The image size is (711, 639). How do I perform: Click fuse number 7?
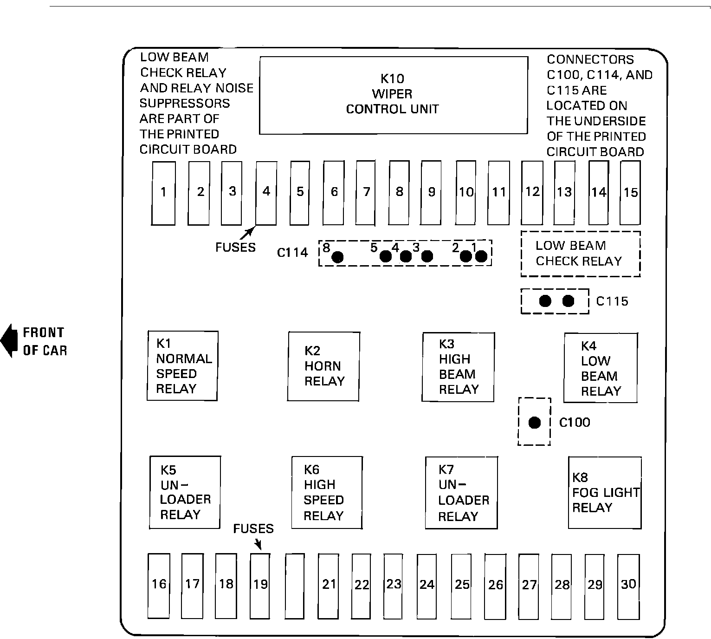click(x=366, y=192)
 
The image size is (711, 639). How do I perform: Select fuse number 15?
click(x=630, y=192)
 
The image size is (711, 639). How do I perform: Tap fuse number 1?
click(x=164, y=193)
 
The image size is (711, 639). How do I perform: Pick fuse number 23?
click(x=394, y=586)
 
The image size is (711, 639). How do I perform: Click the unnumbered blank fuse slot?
click(x=295, y=586)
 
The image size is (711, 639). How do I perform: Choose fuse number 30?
click(x=628, y=586)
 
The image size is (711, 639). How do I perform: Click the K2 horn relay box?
click(x=323, y=366)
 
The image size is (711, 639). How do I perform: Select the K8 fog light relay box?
click(x=605, y=493)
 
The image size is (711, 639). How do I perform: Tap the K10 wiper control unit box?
click(x=393, y=95)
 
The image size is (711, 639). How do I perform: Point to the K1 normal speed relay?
click(x=182, y=365)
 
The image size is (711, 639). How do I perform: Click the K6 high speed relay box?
click(x=327, y=493)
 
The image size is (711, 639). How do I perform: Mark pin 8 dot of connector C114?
click(x=338, y=257)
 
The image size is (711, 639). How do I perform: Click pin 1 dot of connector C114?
click(x=481, y=256)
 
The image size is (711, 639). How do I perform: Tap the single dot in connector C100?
click(x=535, y=422)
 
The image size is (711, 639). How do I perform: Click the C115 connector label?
click(x=612, y=301)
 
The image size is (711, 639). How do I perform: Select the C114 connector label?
click(x=292, y=253)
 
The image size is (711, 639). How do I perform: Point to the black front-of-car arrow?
click(x=8, y=341)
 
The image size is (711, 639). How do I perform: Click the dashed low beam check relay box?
click(x=580, y=254)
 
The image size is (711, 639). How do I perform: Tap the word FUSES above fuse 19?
click(x=253, y=529)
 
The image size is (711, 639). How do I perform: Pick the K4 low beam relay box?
click(x=601, y=368)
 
